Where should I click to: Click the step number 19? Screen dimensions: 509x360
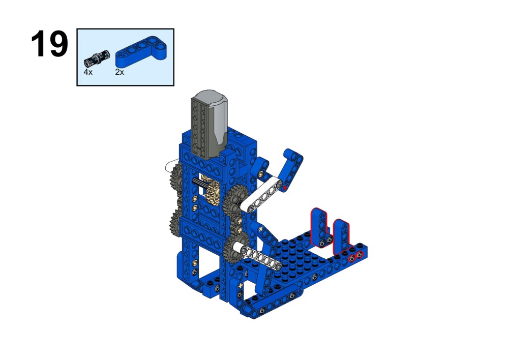coord(50,44)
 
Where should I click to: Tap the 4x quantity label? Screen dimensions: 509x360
coord(88,72)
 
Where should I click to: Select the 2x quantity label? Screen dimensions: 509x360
coord(119,72)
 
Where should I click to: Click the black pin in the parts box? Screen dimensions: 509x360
coord(97,58)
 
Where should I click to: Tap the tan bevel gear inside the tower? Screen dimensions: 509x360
coord(213,192)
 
